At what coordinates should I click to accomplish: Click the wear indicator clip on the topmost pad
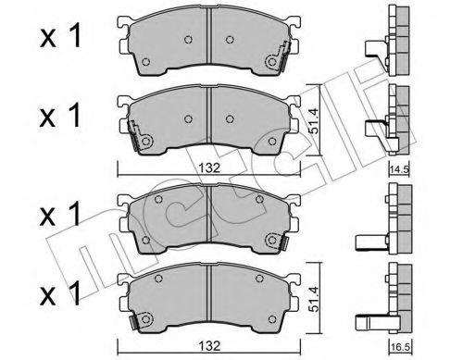point(275,62)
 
